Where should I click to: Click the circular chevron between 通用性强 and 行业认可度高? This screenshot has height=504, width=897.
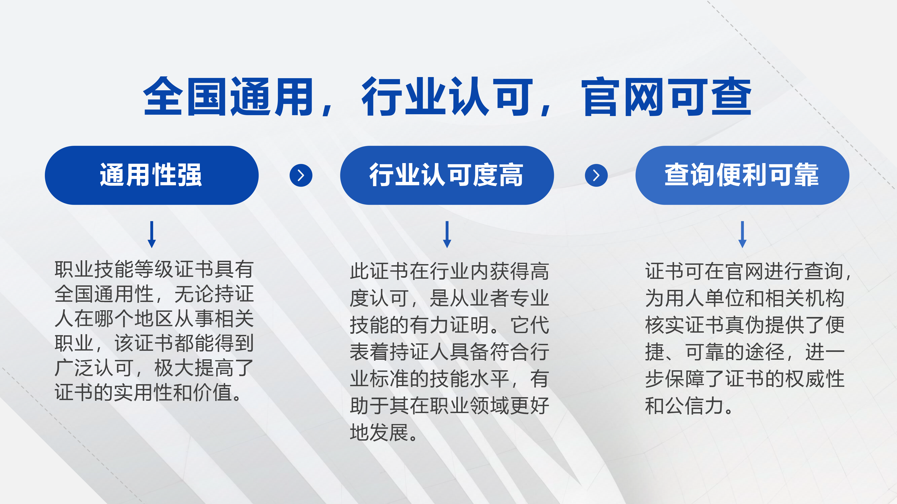point(301,175)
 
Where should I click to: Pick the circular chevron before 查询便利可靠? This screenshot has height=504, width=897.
point(596,175)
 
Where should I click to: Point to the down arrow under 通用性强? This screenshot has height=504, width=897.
point(151,234)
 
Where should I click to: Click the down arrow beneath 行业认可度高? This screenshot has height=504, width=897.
point(447,234)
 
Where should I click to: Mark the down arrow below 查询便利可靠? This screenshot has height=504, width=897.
point(742,234)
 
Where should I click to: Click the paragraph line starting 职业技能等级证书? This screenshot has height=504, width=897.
point(154,269)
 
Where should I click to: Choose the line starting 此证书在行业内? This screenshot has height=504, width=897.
point(449,271)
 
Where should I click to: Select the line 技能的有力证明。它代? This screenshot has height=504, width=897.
point(449,325)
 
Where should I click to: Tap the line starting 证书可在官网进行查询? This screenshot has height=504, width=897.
point(748,271)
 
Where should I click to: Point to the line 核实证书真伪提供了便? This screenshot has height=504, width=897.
point(745,325)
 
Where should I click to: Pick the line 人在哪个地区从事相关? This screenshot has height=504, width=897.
point(154,319)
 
